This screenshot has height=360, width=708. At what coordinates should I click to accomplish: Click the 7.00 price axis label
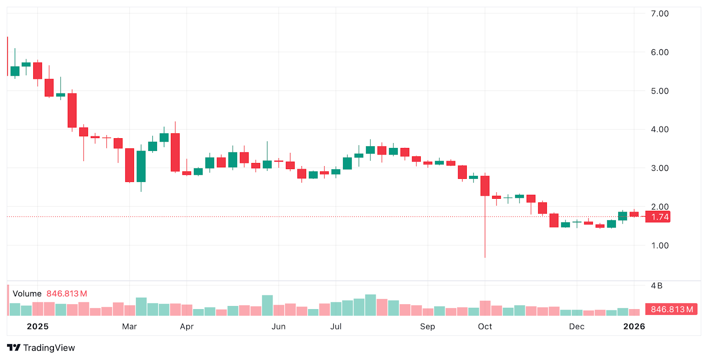pos(659,14)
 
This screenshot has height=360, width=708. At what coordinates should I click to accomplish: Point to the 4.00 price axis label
pos(659,129)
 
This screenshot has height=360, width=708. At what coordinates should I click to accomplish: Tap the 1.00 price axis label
pos(659,245)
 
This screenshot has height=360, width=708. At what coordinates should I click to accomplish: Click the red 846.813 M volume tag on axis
pos(671,309)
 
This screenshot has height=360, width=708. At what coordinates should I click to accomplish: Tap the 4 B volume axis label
pos(657,286)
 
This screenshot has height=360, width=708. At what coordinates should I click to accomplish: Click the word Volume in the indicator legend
pos(27,294)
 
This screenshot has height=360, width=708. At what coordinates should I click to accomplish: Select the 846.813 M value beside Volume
pos(67,294)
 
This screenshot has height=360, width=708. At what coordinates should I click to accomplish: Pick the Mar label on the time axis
pos(129,326)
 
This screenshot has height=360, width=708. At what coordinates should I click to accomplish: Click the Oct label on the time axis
pos(485,326)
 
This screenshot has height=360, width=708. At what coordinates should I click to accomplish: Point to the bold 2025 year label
pos(38,326)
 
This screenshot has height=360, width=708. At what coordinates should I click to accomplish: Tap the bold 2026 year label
pos(634,326)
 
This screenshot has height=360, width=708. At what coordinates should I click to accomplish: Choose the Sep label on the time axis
pos(427,326)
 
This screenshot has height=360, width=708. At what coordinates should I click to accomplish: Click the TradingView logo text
pos(49,348)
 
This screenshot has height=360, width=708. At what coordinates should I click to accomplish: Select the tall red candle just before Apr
pos(175,152)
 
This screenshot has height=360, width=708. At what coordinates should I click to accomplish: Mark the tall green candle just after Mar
pos(141,166)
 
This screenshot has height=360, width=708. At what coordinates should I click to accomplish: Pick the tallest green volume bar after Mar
pos(141,306)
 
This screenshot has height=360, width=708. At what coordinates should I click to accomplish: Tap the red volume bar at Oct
pos(485,308)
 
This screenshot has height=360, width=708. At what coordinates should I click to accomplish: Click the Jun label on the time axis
pos(278,326)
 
